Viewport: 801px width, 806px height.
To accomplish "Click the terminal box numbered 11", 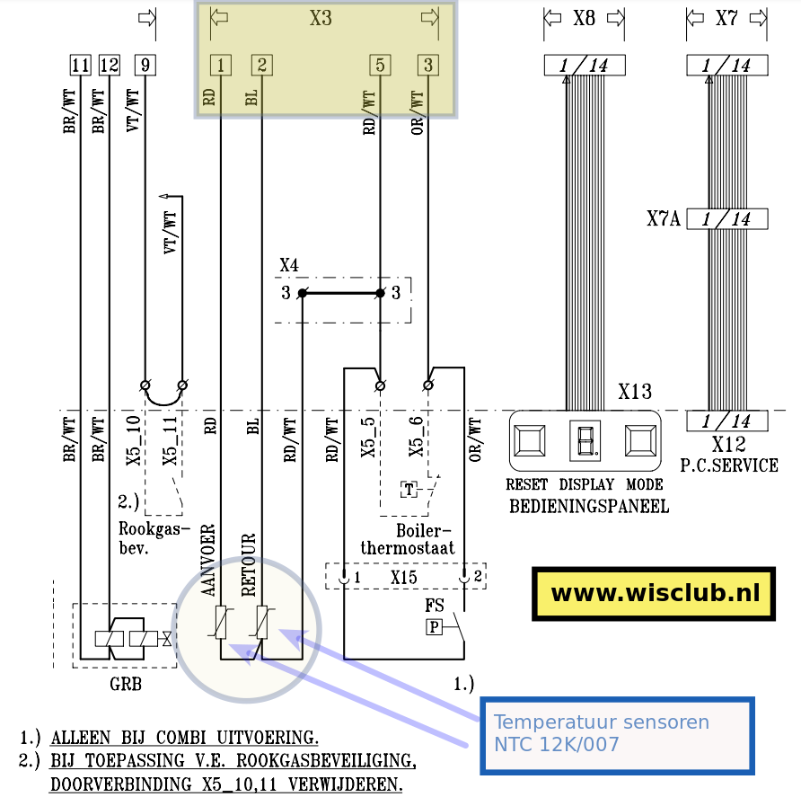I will pyautogui.click(x=81, y=65).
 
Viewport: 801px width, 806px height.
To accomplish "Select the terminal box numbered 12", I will pyautogui.click(x=109, y=65).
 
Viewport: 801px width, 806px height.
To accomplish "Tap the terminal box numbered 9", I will pyautogui.click(x=145, y=65).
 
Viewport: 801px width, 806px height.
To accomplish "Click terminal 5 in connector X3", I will pyautogui.click(x=380, y=65).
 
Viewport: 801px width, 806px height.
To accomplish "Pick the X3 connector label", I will pyautogui.click(x=321, y=18).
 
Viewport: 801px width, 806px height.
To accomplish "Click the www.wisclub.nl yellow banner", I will pyautogui.click(x=654, y=594).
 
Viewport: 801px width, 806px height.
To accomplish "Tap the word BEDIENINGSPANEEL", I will pyautogui.click(x=589, y=506).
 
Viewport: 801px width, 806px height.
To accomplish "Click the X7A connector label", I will pyautogui.click(x=663, y=218).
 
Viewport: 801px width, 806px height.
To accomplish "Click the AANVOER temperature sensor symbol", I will pyautogui.click(x=221, y=623).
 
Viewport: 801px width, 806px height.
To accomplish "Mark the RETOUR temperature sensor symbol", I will pyautogui.click(x=262, y=623).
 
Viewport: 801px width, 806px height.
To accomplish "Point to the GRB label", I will pyautogui.click(x=125, y=685).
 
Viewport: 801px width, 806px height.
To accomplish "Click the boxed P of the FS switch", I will pyautogui.click(x=435, y=626).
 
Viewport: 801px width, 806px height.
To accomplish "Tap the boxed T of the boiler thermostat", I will pyautogui.click(x=409, y=490).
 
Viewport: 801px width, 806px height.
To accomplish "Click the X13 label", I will pyautogui.click(x=635, y=392).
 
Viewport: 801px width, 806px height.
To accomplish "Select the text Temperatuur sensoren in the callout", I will pyautogui.click(x=601, y=722).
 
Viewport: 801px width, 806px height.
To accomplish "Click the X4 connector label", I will pyautogui.click(x=289, y=265).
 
